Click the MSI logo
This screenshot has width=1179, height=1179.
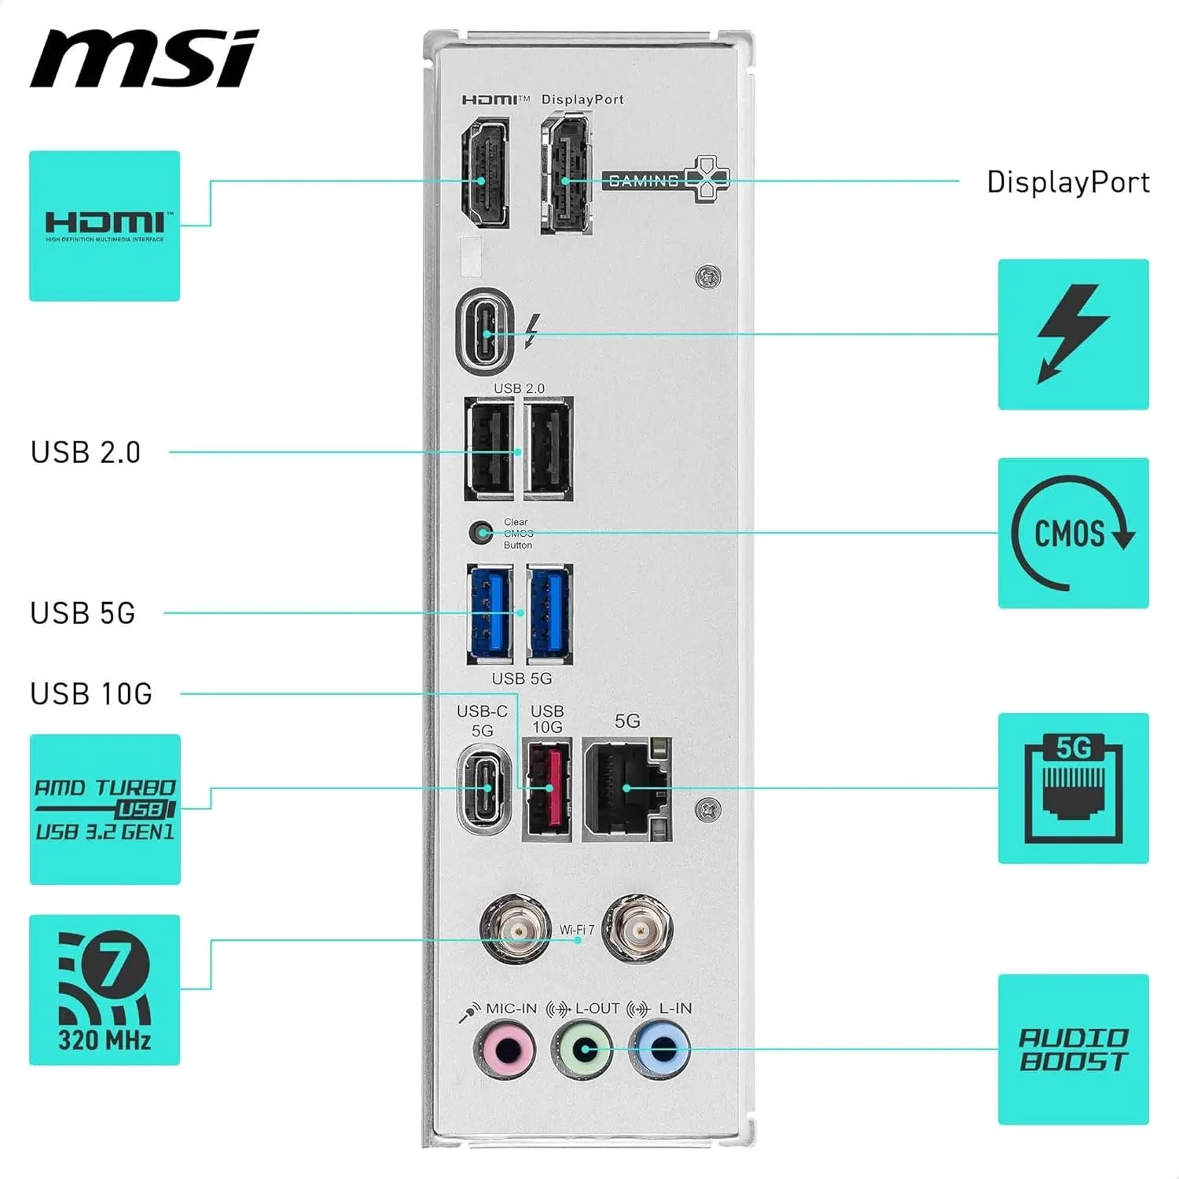144,59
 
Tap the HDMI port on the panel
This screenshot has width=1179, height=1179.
484,174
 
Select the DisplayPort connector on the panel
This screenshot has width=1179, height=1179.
565,174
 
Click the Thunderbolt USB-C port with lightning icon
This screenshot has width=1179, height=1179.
486,329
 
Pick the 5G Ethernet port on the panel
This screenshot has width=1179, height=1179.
627,789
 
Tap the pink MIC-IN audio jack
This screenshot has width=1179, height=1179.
505,1049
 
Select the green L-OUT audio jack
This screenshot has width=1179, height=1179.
582,1049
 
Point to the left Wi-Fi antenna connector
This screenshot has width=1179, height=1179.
515,929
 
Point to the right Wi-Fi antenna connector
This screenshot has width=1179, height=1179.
637,929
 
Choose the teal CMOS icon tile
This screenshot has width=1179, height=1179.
1073,533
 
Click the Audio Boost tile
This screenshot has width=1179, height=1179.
1073,1049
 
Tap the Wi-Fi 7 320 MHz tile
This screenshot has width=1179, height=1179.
105,990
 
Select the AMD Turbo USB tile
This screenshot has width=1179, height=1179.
105,810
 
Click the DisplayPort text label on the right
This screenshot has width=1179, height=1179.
1067,182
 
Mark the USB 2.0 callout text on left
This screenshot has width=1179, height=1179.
86,453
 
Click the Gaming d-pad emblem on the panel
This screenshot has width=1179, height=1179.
706,179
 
